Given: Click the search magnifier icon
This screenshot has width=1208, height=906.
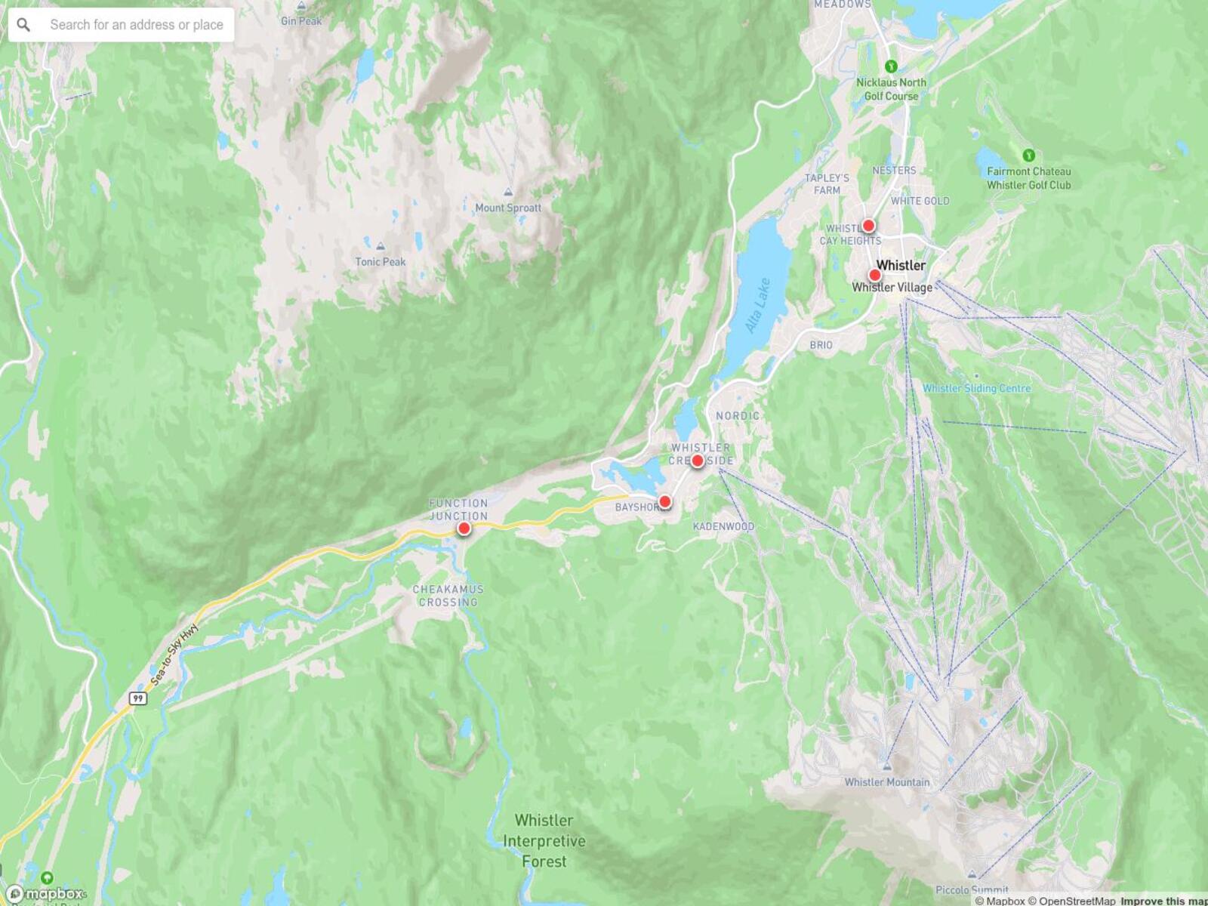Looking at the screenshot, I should [23, 25].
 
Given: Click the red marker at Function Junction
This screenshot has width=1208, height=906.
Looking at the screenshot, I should [464, 528].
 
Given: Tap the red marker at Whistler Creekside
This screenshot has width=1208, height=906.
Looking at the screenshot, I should [698, 461].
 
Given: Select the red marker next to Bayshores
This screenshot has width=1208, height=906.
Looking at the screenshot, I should [665, 501].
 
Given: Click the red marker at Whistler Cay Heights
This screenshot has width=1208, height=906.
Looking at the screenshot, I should [868, 225].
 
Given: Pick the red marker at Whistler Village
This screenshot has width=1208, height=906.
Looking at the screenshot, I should [874, 275].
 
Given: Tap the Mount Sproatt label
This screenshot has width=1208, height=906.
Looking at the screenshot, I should [508, 208].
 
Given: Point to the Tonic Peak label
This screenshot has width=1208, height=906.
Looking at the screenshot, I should [381, 262].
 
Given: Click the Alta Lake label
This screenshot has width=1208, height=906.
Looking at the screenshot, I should [757, 306].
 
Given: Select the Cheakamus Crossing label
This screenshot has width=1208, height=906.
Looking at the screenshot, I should [448, 596].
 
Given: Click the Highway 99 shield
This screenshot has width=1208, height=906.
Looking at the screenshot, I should [137, 698].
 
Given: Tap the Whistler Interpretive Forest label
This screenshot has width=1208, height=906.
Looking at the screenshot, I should [544, 840].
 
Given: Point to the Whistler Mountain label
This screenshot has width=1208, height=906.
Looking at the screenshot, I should [887, 782].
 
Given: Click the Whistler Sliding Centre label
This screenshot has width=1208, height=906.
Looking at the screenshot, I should [976, 388].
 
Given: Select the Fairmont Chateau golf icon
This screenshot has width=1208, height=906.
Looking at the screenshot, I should [1028, 156].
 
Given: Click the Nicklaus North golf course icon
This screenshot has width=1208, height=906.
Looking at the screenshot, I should [891, 66].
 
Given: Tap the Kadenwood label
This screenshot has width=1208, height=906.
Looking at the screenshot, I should [723, 526].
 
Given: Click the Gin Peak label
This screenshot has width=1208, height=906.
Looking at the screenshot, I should [301, 21].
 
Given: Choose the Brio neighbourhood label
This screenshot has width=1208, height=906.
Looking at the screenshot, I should [821, 345].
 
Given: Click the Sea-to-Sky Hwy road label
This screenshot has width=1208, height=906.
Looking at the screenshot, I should [175, 654].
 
